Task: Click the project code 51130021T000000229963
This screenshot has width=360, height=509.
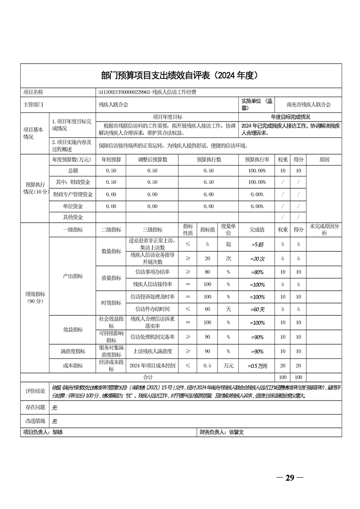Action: (125, 92)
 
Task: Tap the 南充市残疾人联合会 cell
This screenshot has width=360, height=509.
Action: (308, 104)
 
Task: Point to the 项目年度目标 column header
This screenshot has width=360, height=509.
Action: (168, 117)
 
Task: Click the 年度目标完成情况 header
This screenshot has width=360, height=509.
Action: (290, 117)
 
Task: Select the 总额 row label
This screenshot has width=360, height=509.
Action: (73, 171)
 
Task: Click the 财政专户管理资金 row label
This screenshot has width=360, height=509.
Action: (73, 194)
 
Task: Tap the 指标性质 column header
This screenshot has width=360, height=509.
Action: (188, 230)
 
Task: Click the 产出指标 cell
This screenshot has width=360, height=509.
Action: (73, 276)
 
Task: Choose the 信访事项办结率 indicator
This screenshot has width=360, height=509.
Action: (153, 272)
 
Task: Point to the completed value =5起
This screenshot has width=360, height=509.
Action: (257, 245)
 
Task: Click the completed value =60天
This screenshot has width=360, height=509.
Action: (257, 309)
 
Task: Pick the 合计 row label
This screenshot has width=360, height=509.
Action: (148, 377)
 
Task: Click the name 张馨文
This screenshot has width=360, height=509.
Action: (237, 433)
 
